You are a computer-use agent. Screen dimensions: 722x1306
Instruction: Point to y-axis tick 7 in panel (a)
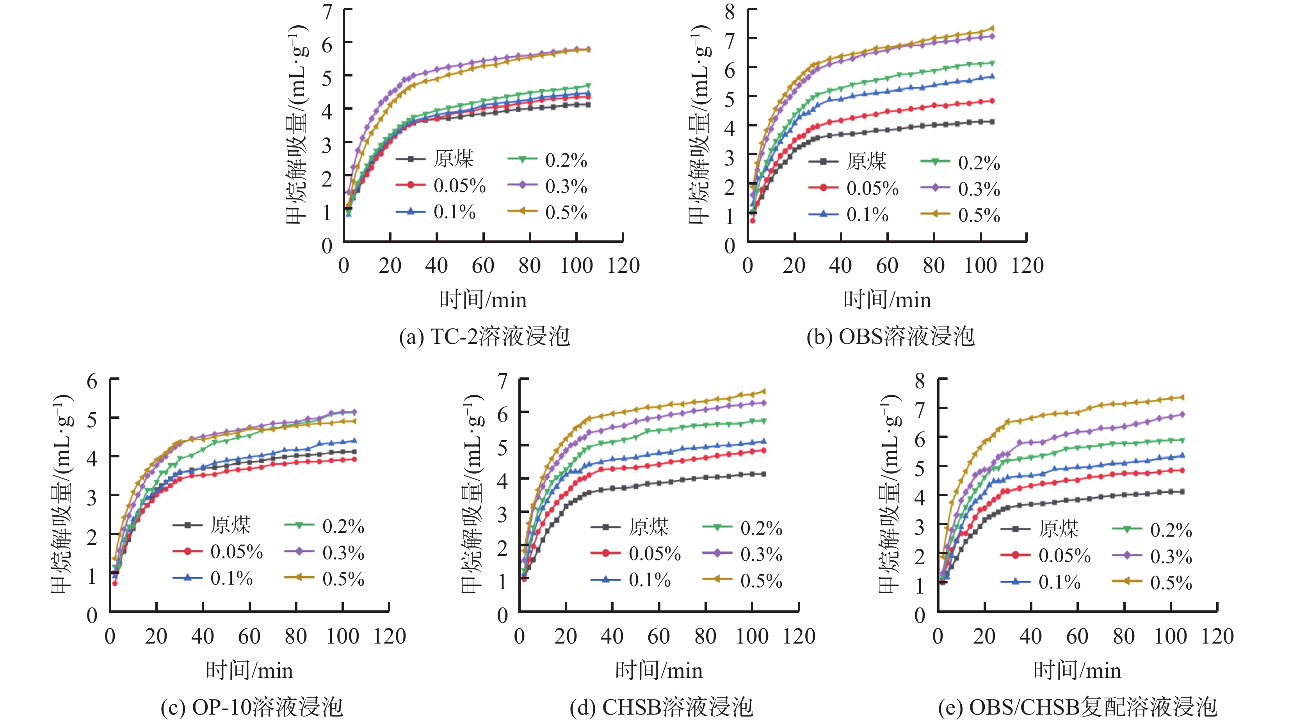click(x=327, y=11)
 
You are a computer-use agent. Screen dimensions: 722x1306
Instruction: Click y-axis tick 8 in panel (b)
click(x=730, y=11)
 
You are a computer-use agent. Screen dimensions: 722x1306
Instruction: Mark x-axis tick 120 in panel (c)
click(x=390, y=636)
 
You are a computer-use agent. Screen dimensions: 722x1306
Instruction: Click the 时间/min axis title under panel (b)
click(x=887, y=300)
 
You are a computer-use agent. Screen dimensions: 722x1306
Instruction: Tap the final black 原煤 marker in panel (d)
click(x=763, y=474)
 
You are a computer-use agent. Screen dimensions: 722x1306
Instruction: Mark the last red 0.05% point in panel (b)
click(x=992, y=101)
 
